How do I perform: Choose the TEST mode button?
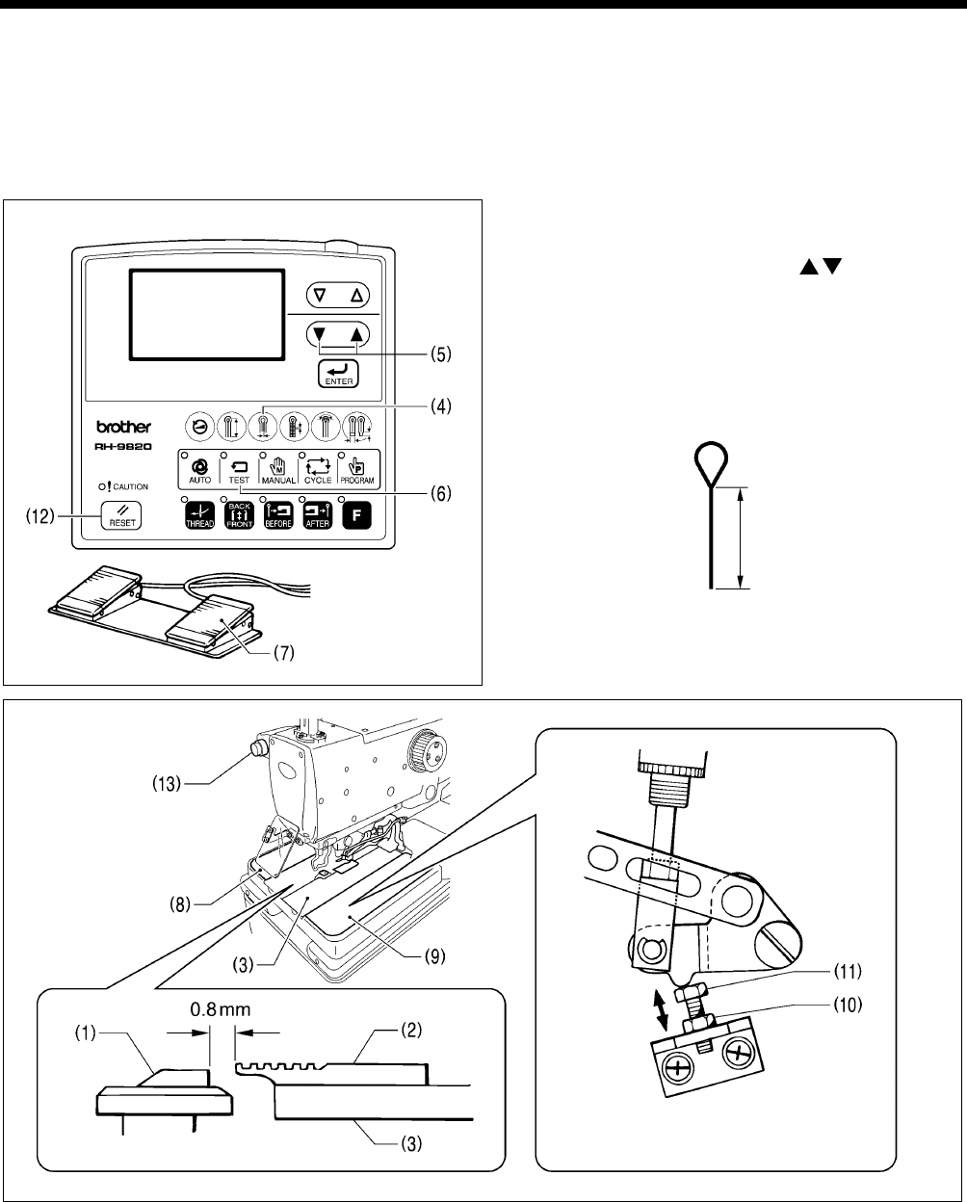pyautogui.click(x=236, y=469)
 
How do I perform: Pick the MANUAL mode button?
pyautogui.click(x=275, y=469)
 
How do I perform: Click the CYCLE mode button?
pyautogui.click(x=315, y=469)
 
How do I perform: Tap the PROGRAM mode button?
pyautogui.click(x=354, y=469)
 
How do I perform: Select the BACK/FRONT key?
pyautogui.click(x=236, y=515)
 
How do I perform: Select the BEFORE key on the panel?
pyautogui.click(x=275, y=515)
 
